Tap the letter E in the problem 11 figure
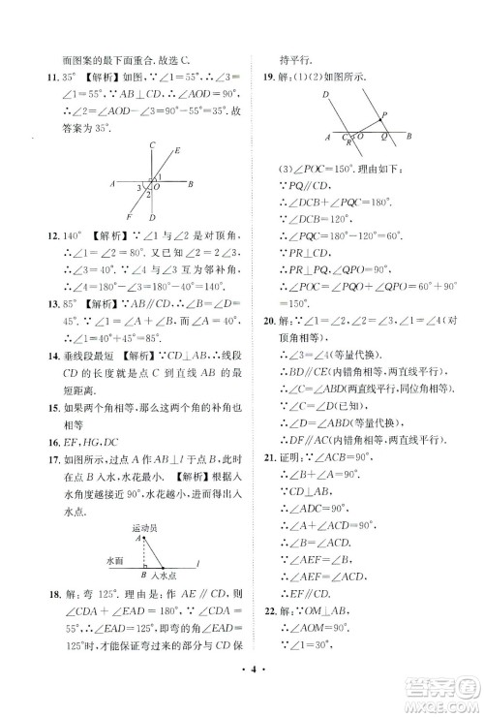(x=178, y=150)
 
